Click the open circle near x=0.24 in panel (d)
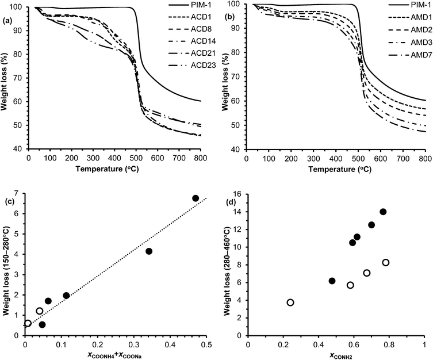pos(290,302)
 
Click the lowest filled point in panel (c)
pos(42,324)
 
